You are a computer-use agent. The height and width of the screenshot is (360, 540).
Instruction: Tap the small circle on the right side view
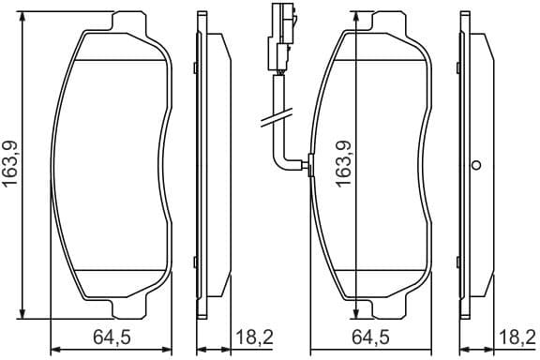(x=475, y=166)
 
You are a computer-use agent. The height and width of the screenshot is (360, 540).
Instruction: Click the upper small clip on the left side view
(x=194, y=67)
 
